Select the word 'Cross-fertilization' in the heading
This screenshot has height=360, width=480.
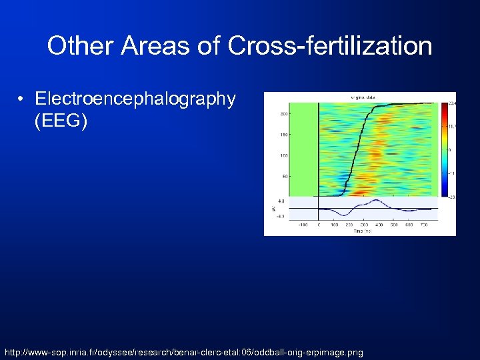click(x=330, y=46)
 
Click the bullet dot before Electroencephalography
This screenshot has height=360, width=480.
click(x=22, y=100)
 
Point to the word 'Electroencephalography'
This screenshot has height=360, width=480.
click(x=135, y=99)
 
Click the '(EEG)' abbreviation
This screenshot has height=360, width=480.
click(x=61, y=122)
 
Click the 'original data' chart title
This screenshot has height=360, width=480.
click(x=363, y=97)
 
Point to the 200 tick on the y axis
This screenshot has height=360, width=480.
click(x=283, y=114)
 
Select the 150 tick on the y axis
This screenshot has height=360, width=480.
click(x=283, y=135)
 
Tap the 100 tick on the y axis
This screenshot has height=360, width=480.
click(x=283, y=155)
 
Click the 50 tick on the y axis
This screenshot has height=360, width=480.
click(x=284, y=176)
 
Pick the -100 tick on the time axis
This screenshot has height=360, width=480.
click(x=302, y=225)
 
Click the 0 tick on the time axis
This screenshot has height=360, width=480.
click(x=319, y=225)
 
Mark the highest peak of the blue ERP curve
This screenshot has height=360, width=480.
click(x=377, y=201)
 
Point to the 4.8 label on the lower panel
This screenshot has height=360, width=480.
click(x=282, y=200)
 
